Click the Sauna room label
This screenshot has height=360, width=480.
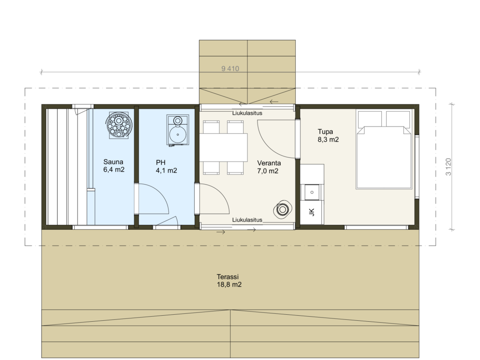point(114,166)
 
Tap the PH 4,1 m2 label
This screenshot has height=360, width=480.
point(166,167)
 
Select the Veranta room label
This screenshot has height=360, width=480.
point(269,167)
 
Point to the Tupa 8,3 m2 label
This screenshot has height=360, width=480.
point(328,136)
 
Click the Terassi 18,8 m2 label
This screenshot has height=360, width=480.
point(229,281)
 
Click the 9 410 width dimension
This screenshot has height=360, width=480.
point(230,69)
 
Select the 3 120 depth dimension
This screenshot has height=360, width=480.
point(448,167)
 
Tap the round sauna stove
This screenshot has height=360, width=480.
point(119,126)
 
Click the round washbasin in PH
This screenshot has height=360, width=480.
point(178,134)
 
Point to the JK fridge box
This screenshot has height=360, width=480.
point(312,212)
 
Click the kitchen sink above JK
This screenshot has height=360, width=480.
point(312,192)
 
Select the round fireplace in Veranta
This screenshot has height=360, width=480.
point(282,210)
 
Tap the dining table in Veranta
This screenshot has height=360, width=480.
point(223,148)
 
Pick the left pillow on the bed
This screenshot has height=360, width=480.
point(370,119)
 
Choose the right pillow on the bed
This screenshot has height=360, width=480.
point(398,119)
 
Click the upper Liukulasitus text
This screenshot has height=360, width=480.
point(247,113)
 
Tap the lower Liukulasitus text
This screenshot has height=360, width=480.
point(247,220)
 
